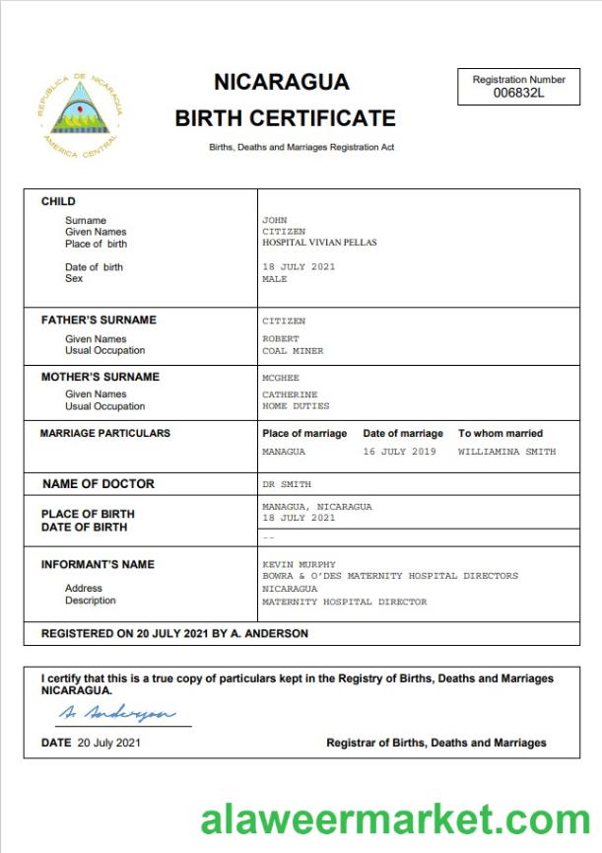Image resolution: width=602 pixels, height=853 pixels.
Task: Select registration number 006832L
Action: click(x=518, y=94)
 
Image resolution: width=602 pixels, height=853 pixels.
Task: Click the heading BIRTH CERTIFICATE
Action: click(x=285, y=119)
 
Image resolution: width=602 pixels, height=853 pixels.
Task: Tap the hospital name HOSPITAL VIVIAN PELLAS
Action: click(x=319, y=243)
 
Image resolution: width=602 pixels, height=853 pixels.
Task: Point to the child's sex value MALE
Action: click(x=275, y=279)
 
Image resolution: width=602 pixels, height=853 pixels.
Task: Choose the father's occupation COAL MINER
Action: click(x=293, y=351)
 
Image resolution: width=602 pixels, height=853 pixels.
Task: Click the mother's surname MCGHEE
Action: click(x=281, y=378)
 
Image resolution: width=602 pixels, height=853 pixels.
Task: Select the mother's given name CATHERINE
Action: click(x=290, y=394)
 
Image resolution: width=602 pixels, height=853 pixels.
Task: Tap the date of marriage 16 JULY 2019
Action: click(x=399, y=452)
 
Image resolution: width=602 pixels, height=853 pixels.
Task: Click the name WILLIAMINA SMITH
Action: click(x=506, y=452)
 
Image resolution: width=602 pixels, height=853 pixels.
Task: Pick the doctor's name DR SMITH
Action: click(x=287, y=485)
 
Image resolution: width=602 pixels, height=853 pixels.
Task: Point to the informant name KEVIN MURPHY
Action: click(x=299, y=565)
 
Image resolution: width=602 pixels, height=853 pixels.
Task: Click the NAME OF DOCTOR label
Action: click(x=99, y=484)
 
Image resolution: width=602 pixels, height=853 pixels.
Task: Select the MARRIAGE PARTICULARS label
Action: click(x=105, y=433)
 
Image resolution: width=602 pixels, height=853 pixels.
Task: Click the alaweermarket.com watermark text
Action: click(x=395, y=820)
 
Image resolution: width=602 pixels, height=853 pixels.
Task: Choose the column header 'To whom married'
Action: click(x=501, y=433)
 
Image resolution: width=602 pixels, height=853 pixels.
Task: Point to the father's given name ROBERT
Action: click(x=281, y=339)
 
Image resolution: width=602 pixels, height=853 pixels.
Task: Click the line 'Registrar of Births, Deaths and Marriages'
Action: click(x=436, y=743)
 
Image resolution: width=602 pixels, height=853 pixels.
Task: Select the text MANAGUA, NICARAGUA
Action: click(x=317, y=507)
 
